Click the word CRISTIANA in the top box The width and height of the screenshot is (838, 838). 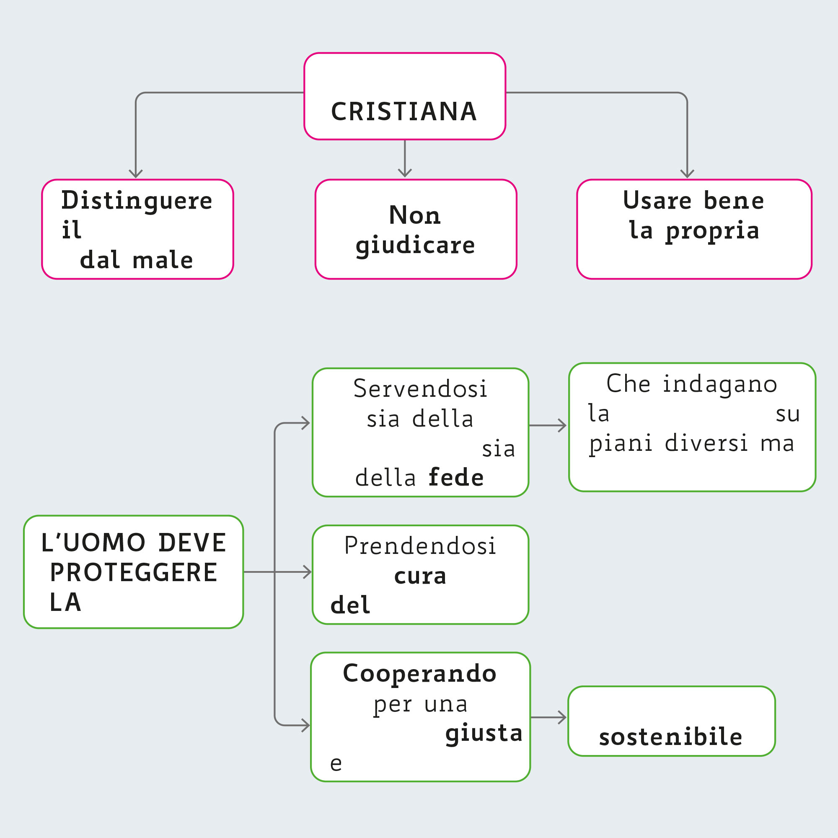404,111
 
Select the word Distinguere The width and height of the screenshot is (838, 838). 137,201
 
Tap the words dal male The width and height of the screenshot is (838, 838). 136,260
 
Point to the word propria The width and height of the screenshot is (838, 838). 712,231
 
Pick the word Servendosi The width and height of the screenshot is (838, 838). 420,388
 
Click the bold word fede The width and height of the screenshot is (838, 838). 456,478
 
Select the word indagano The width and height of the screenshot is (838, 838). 719,384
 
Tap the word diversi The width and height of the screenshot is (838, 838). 706,443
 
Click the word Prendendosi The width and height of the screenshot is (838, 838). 420,546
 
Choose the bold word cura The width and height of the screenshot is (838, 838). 420,576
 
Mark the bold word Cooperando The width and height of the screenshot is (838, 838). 419,674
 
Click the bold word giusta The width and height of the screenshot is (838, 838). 484,733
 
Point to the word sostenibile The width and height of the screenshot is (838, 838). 670,737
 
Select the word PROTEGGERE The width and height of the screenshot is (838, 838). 134,572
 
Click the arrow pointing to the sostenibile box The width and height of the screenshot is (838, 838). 548,717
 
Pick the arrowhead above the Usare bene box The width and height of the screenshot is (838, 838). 687,173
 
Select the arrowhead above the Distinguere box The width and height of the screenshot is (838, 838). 136,173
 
